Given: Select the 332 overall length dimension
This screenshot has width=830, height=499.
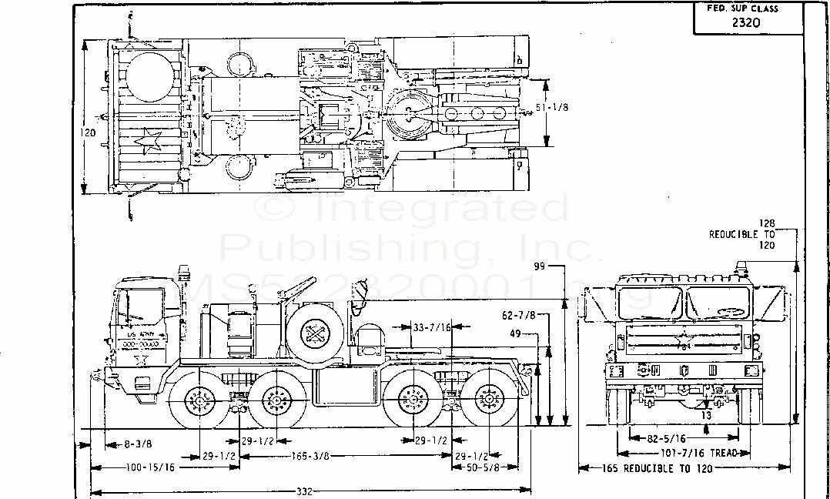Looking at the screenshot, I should (306, 491).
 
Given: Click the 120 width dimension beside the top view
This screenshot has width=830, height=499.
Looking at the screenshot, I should (89, 133).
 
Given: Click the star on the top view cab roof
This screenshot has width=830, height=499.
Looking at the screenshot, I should (147, 142).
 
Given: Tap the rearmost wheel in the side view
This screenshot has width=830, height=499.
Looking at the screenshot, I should (487, 402).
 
